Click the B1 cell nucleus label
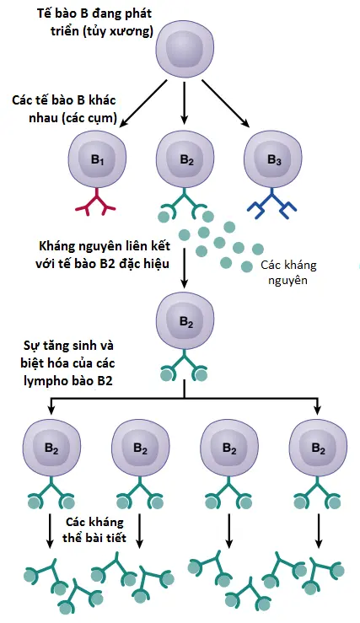click(x=97, y=160)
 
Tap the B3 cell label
click(x=274, y=160)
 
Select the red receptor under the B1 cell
click(x=96, y=201)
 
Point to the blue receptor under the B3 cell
click(x=271, y=203)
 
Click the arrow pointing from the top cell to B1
click(x=143, y=104)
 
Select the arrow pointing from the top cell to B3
click(x=226, y=104)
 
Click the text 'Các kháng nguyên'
click(x=289, y=272)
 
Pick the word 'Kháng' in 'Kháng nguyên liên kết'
click(x=57, y=247)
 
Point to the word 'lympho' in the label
click(x=45, y=381)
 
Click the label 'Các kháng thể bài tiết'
click(x=94, y=529)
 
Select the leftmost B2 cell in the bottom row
click(x=51, y=449)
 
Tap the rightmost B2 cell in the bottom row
click(x=319, y=449)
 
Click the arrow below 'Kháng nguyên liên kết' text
click(x=184, y=268)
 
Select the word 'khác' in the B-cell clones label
click(x=101, y=100)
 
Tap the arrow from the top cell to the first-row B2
click(x=184, y=103)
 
